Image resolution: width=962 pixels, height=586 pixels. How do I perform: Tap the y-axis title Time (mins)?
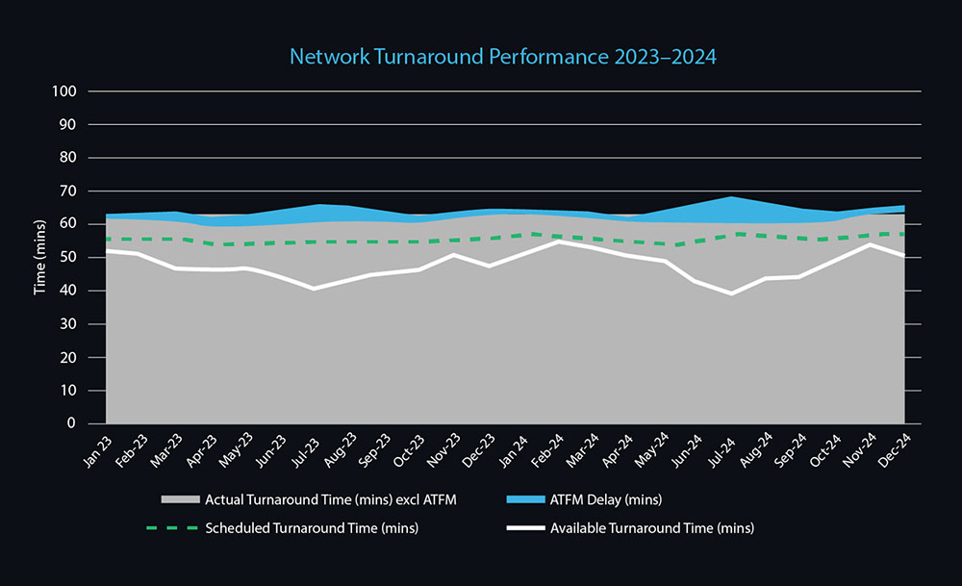click(x=41, y=258)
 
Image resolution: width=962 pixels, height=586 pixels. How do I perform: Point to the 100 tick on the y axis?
click(x=67, y=91)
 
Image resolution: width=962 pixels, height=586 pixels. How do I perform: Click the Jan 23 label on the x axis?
click(x=96, y=445)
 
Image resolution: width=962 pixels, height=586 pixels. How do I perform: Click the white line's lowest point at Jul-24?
click(x=731, y=293)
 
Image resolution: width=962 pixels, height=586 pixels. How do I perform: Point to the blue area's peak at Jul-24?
click(x=731, y=197)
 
